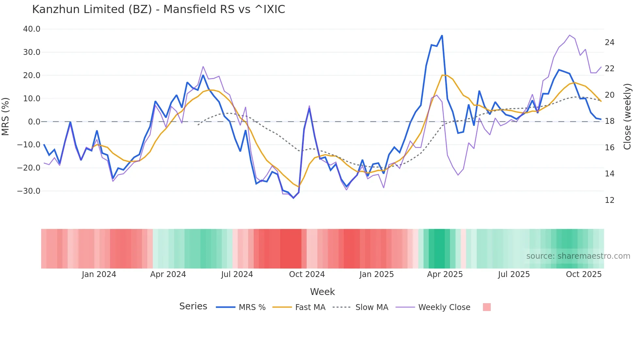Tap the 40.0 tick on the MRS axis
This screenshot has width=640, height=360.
32,29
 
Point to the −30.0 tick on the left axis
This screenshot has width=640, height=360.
29,191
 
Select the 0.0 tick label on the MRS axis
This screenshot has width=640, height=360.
34,122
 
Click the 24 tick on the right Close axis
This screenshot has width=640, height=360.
609,42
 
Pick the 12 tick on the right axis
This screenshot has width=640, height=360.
609,200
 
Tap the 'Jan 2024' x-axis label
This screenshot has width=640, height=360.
99,274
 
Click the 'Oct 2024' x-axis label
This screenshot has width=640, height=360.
307,274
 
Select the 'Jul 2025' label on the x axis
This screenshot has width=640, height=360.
514,274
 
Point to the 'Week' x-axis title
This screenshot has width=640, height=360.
322,292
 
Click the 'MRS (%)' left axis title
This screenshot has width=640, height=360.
6,116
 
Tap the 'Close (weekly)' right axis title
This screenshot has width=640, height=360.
627,116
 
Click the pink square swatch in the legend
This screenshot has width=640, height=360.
487,307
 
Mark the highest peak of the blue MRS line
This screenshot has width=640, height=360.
442,36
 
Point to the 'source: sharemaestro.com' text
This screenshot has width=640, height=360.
578,256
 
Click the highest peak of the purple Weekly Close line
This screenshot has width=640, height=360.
569,35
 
